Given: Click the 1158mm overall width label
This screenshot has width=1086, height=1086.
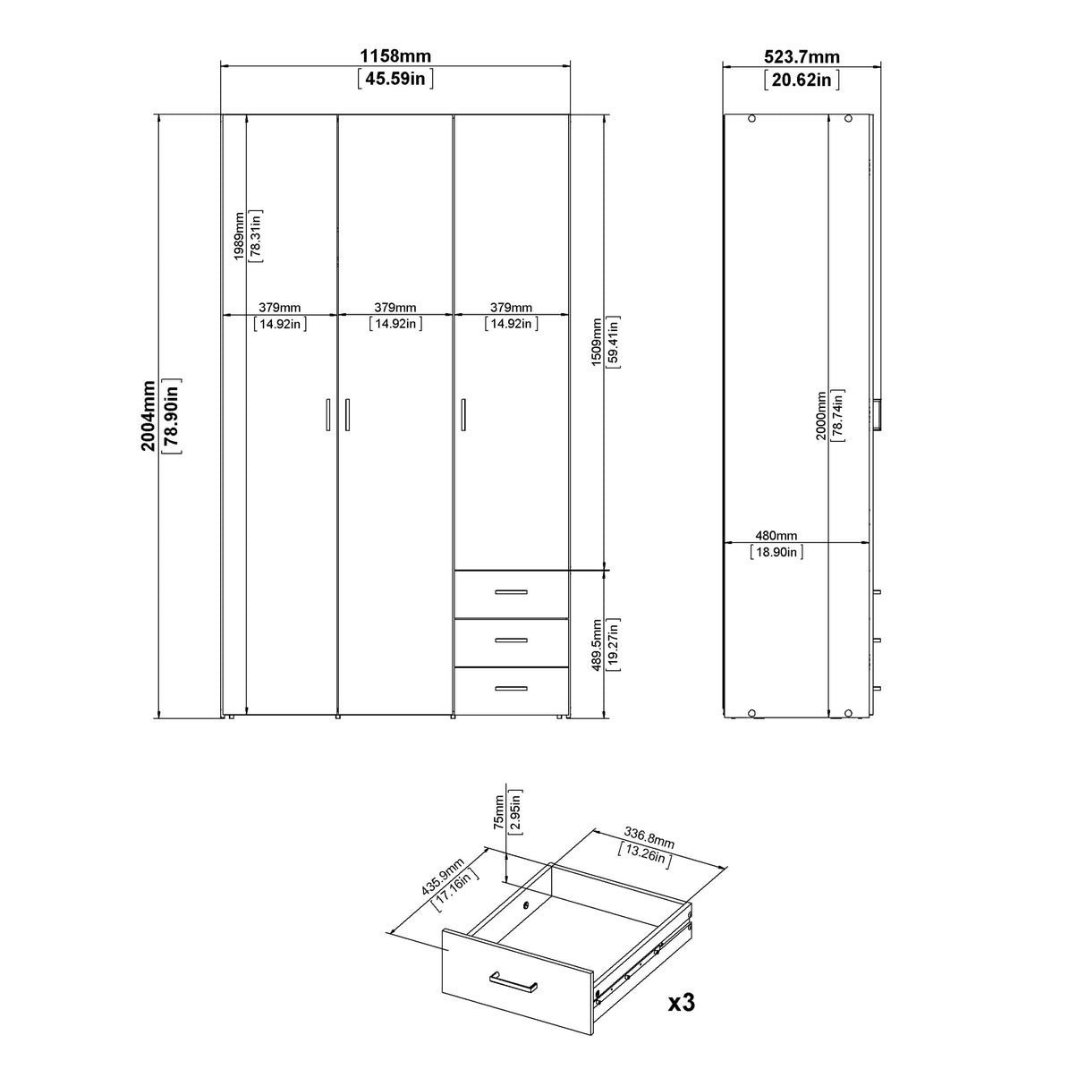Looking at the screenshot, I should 395,56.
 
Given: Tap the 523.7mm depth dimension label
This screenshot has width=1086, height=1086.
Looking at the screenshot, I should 802,56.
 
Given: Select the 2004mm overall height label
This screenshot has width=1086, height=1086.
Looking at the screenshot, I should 149,415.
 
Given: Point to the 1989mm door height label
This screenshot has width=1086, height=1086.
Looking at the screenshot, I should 239,236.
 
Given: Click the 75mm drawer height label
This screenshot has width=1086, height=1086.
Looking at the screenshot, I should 498,811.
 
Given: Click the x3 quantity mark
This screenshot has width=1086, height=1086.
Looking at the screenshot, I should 682,1003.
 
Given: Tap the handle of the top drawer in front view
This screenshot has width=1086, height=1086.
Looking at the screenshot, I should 511,592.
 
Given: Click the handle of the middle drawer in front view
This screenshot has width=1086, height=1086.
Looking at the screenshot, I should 511,640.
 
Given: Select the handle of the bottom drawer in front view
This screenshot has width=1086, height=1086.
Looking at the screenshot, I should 511,688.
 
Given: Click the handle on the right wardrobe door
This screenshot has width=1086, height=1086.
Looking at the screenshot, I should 463,416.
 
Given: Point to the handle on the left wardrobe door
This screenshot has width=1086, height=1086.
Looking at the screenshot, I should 327,416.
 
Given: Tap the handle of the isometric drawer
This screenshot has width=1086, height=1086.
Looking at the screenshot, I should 513,983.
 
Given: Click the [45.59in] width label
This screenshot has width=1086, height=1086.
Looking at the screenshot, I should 395,79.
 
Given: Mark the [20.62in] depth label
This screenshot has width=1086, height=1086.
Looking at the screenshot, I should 802,80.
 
